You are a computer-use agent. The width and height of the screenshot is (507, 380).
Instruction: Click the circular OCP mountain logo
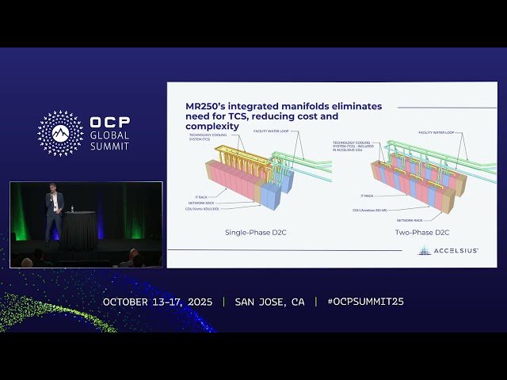coord(60,133)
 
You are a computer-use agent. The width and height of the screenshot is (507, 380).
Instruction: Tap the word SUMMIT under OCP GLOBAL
coord(109,147)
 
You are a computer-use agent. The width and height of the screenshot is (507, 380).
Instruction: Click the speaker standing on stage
coord(53,212)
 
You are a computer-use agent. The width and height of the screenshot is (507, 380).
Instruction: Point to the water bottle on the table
coord(72,209)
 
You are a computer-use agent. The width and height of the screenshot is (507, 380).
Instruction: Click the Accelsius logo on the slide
coord(448,251)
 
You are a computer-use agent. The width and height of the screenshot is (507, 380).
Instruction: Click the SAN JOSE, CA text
coord(269,302)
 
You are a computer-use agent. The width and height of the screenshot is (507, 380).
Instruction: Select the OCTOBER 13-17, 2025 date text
coord(158,302)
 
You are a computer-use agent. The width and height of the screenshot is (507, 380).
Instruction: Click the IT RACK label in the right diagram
coord(367,195)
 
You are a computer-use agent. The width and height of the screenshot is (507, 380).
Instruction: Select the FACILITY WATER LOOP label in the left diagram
coord(273,129)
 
